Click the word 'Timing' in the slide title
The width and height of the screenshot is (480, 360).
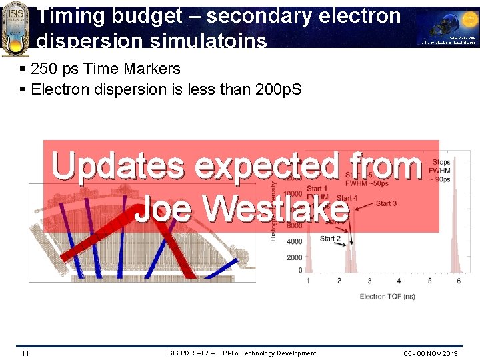(x=68, y=16)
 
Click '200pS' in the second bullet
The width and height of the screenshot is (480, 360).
(x=278, y=89)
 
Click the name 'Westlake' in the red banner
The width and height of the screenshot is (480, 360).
(x=277, y=209)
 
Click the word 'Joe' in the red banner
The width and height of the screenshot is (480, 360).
(x=164, y=209)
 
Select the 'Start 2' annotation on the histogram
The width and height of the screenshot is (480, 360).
(x=331, y=238)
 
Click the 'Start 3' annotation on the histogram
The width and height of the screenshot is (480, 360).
(x=386, y=203)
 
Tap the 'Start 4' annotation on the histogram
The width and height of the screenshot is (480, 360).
(x=347, y=198)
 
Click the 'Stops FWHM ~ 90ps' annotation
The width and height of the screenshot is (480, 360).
(x=441, y=171)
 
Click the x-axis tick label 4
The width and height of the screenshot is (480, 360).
(x=399, y=281)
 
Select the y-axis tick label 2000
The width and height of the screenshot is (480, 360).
(x=293, y=257)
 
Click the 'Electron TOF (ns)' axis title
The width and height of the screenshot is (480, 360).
(x=387, y=296)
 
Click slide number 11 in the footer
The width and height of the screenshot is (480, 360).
(x=25, y=353)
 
